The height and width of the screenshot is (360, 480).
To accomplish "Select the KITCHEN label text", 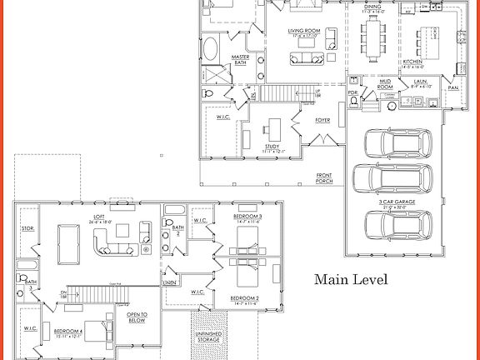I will (414, 62).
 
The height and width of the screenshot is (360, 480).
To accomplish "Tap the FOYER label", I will (322, 120).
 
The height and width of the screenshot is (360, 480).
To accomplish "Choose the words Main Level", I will (350, 279).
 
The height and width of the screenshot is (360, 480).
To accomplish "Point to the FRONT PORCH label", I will (323, 177).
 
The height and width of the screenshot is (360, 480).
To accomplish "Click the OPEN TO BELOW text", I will (137, 317).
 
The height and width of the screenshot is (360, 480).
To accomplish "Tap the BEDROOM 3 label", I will (247, 219).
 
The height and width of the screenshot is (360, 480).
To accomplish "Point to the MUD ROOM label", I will (384, 83).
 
